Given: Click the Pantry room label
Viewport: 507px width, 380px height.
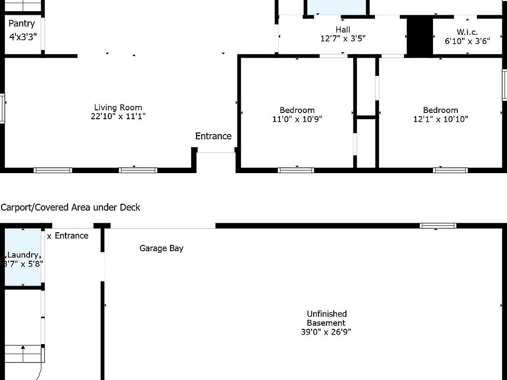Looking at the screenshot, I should point(22,23).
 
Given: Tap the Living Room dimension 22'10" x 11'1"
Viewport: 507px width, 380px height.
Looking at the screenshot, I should point(118,117).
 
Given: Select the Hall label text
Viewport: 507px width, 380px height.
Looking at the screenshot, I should point(343,30).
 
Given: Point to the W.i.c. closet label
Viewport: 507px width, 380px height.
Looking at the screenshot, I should point(467,32).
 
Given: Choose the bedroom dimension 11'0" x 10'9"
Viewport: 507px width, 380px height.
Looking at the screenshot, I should point(297,119).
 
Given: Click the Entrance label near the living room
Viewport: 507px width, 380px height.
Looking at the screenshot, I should point(213,136).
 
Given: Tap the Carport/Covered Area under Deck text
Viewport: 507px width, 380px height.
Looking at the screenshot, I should point(71,207).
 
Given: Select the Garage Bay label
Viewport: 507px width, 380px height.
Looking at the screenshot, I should point(161,248).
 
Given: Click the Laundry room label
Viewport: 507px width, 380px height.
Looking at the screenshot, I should point(23,255).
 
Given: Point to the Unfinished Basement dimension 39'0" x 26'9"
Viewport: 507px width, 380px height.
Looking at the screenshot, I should point(326,332).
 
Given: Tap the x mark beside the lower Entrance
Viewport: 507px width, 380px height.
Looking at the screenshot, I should point(49,236).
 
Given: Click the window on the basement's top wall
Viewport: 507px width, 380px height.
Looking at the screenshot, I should point(438,226).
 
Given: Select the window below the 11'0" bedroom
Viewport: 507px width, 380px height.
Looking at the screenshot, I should point(296,170).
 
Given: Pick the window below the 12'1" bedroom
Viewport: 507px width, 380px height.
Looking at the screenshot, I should point(450,170).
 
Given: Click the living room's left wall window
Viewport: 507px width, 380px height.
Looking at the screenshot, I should point(3,109).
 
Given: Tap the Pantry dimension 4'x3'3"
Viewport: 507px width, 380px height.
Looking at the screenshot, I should point(23,37).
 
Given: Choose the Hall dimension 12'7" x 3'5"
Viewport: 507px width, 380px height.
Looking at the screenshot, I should point(343,39).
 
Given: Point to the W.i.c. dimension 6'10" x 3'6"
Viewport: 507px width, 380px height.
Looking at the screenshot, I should point(467,41).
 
